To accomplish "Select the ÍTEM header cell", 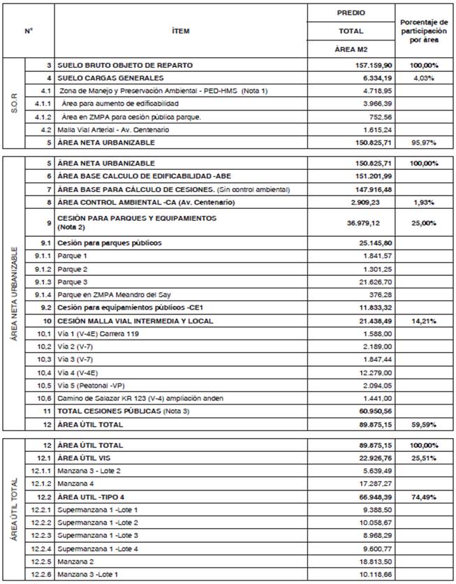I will tap(180, 31).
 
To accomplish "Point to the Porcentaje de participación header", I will tap(423, 31).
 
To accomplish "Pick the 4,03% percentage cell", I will tap(424, 78).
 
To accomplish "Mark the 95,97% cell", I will tap(424, 143).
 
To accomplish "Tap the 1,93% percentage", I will tap(424, 203).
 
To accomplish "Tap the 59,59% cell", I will tap(424, 424).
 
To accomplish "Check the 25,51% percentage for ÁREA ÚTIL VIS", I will tap(424, 458).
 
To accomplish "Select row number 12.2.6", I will tap(40, 574).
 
